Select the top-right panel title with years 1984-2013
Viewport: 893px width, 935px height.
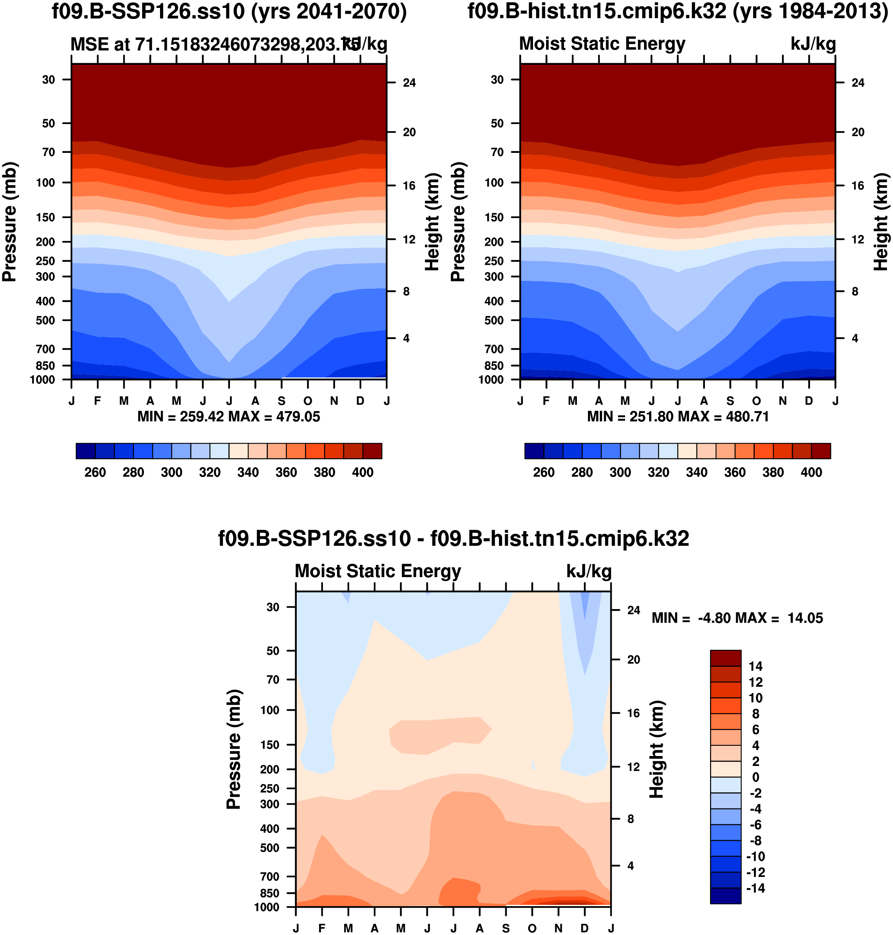(x=678, y=11)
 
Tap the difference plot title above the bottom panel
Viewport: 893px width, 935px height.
(x=453, y=539)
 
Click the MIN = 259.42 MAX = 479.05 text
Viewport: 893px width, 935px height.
(x=228, y=417)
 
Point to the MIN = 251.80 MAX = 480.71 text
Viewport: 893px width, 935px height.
(x=678, y=417)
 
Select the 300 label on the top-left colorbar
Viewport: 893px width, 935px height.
(x=171, y=472)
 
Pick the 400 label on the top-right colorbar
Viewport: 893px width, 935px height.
(x=811, y=472)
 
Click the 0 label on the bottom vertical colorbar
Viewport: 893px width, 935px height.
(x=755, y=777)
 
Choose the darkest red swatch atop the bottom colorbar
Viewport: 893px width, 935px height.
(x=725, y=658)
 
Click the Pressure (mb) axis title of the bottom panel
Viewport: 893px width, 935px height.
(x=234, y=749)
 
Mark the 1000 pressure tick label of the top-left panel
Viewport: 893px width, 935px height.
(x=42, y=380)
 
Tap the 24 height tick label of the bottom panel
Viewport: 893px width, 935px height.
(x=633, y=610)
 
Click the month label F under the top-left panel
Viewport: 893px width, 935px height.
(x=98, y=401)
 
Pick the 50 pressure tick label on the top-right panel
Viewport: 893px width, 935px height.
(x=497, y=123)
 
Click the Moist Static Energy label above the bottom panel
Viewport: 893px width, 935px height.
(x=378, y=571)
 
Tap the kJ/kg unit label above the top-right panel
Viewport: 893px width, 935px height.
(x=813, y=44)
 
